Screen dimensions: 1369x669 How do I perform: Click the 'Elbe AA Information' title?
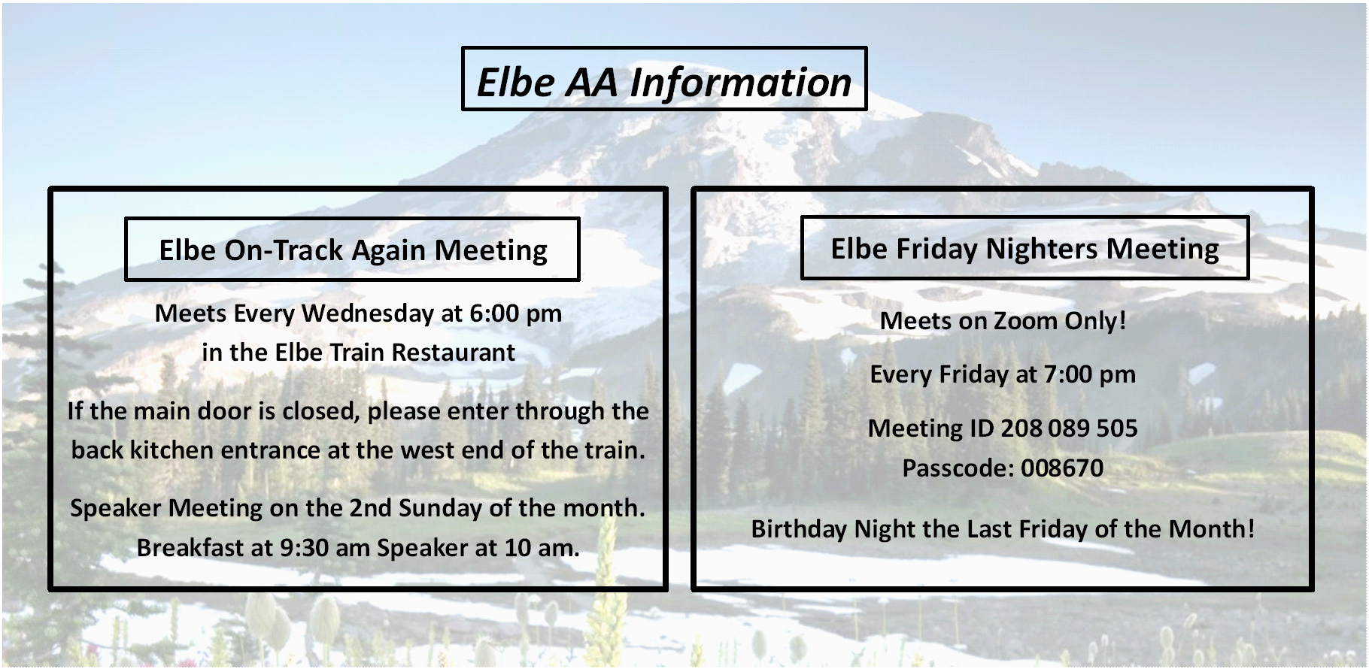[664, 82]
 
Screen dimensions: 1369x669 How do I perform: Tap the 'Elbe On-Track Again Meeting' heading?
[353, 250]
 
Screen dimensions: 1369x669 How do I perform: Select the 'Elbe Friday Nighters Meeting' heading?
[1024, 249]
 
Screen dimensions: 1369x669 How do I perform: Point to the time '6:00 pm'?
[515, 313]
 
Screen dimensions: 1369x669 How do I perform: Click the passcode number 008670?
[1062, 468]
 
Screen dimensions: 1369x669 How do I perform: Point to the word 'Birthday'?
[800, 530]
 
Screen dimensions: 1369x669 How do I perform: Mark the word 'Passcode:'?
[958, 468]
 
